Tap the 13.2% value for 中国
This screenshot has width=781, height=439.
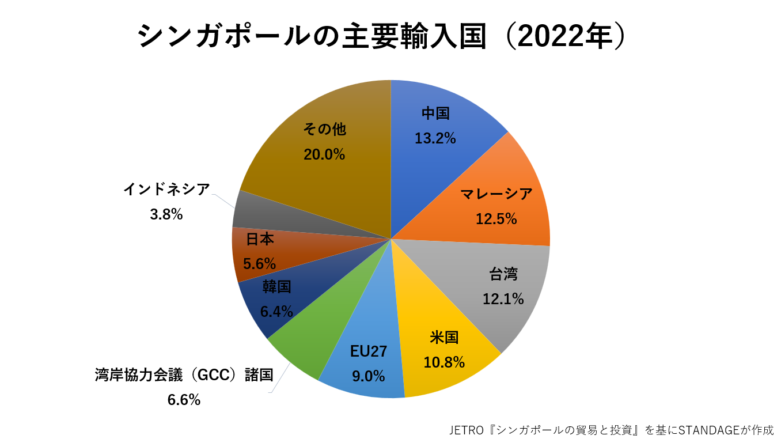[435, 138]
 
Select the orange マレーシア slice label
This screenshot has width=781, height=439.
[496, 195]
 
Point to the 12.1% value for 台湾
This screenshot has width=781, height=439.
[503, 299]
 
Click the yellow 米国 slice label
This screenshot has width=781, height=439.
[443, 338]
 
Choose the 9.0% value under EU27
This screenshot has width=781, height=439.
[368, 376]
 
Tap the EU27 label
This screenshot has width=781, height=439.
[369, 351]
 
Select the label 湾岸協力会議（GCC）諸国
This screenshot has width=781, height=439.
[184, 375]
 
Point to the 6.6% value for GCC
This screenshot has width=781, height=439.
[184, 399]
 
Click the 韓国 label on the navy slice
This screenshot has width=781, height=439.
[276, 287]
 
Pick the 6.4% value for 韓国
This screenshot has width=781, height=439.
[276, 312]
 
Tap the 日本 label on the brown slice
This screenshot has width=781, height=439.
[260, 239]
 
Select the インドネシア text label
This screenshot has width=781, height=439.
[166, 190]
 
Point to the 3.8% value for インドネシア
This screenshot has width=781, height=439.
[166, 214]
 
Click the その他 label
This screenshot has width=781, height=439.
[324, 130]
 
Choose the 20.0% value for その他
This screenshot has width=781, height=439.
[324, 154]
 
